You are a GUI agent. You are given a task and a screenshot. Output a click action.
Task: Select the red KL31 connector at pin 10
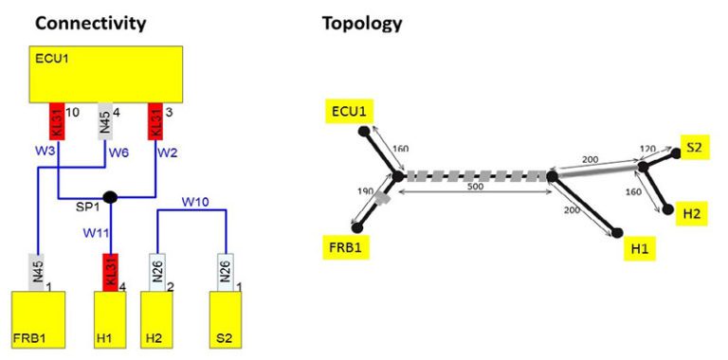click(x=58, y=121)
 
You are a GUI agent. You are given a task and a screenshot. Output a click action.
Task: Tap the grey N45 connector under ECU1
click(x=106, y=121)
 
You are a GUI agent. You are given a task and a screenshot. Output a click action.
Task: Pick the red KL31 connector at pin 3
click(x=155, y=121)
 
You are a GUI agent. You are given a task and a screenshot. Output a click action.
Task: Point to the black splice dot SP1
click(x=110, y=197)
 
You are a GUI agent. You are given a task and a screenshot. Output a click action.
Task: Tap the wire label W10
click(x=195, y=201)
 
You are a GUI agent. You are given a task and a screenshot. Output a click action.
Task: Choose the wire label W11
click(x=96, y=231)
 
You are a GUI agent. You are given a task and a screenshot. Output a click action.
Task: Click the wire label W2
click(x=167, y=151)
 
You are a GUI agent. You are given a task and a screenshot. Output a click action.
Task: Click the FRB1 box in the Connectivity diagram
click(x=38, y=322)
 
